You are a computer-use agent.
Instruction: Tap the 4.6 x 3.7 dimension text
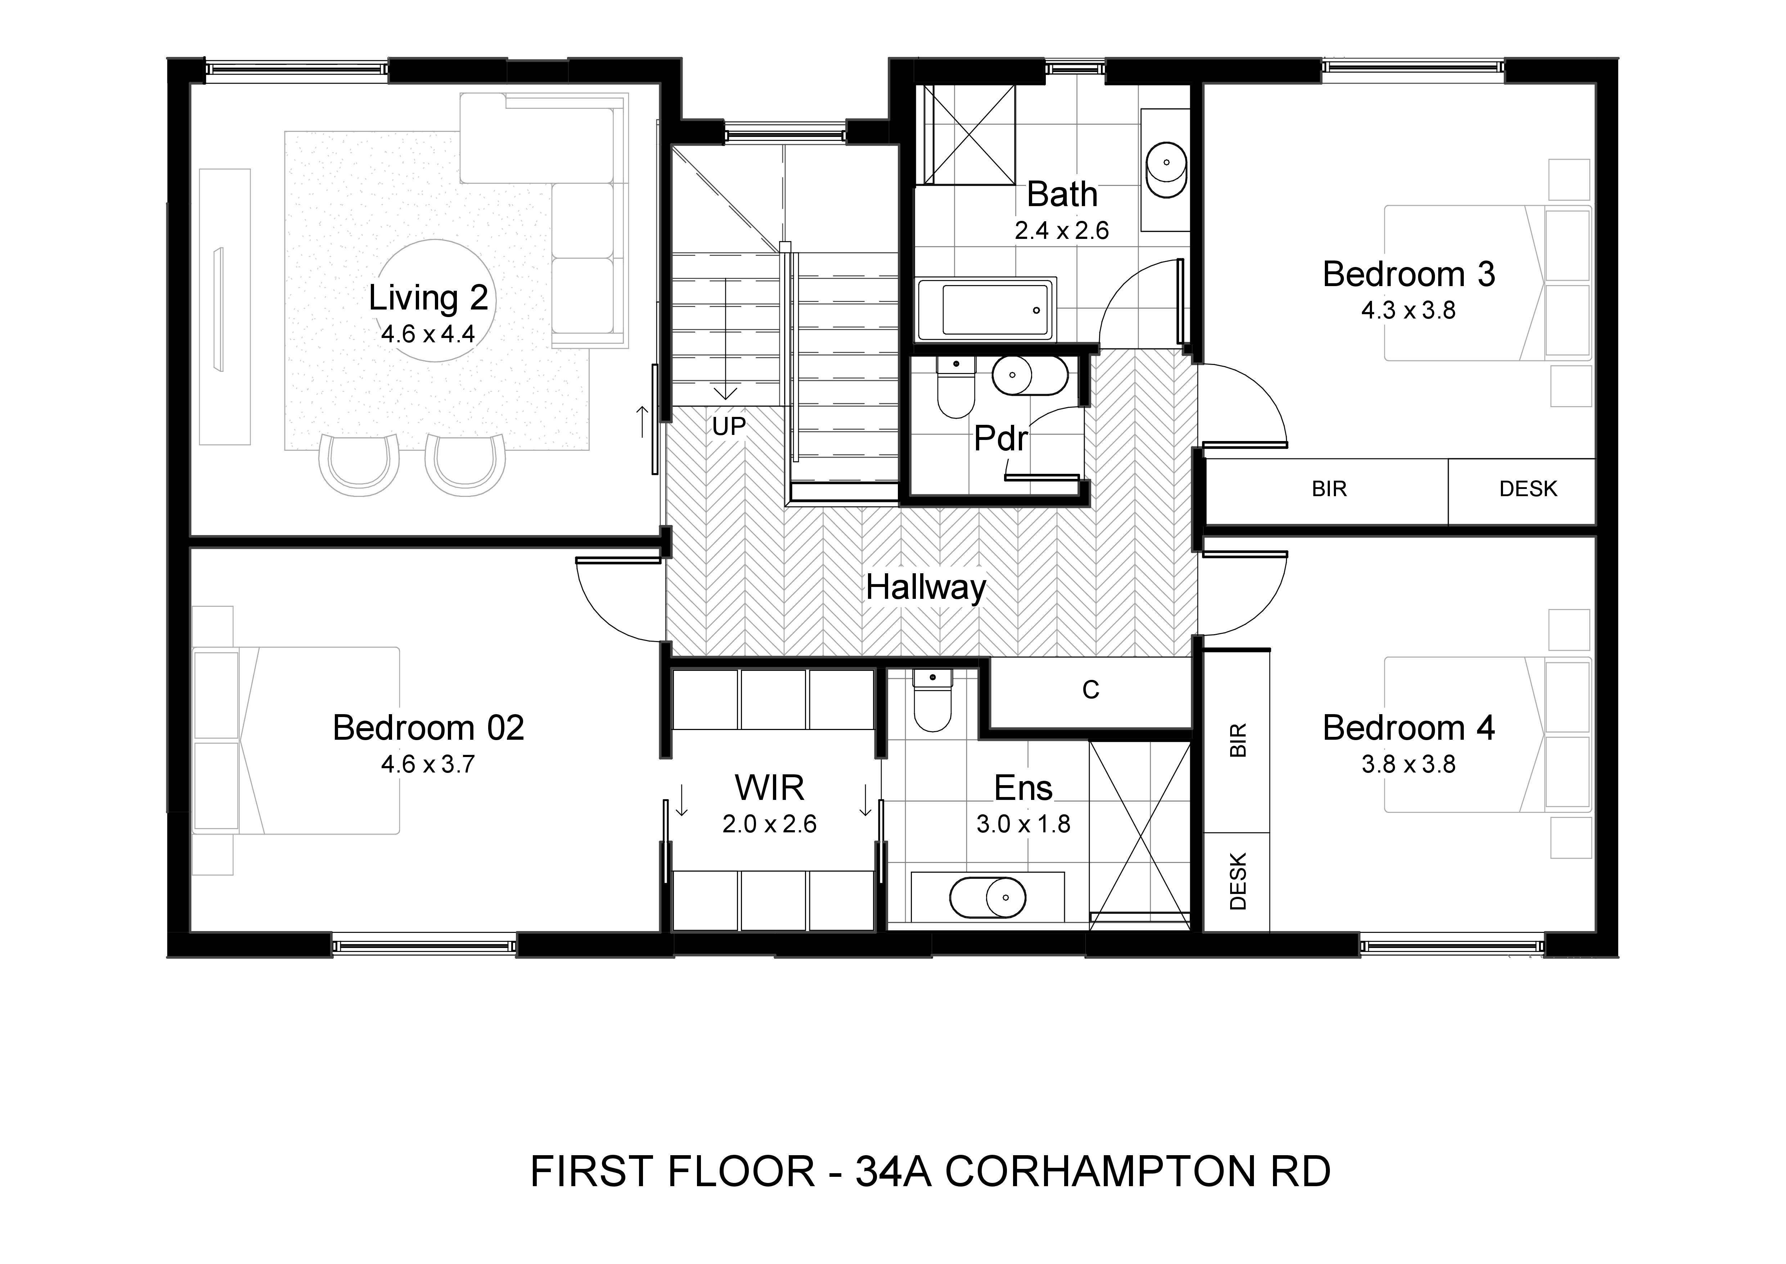point(428,764)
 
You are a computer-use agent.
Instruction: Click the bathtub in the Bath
point(986,310)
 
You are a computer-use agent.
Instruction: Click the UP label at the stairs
point(729,427)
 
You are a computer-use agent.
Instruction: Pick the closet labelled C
point(1090,690)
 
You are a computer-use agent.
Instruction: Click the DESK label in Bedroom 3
point(1528,489)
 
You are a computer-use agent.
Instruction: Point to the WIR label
point(769,788)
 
